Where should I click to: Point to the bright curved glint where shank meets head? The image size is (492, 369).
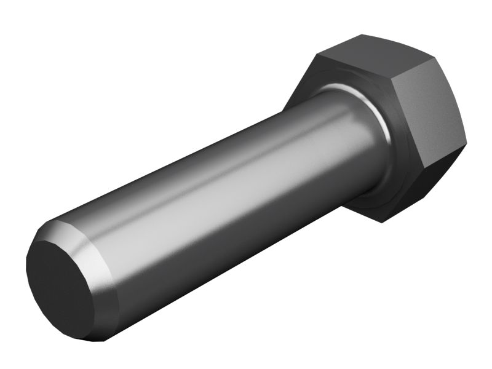coord(363,101)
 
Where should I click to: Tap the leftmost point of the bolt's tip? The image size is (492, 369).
coord(27,271)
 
